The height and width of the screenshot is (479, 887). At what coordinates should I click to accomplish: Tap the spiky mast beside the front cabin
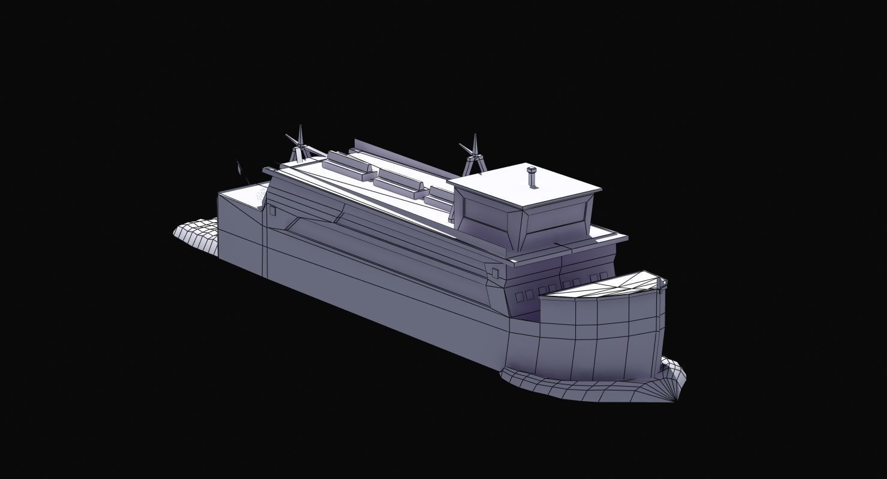pyautogui.click(x=474, y=154)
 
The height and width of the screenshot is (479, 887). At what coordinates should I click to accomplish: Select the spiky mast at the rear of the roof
pyautogui.click(x=299, y=145)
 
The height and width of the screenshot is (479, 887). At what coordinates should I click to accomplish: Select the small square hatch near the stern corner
pyautogui.click(x=271, y=210)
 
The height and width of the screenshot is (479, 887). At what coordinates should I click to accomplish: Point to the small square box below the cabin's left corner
pyautogui.click(x=495, y=273)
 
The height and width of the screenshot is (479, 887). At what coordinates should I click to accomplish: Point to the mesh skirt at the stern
pyautogui.click(x=195, y=237)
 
